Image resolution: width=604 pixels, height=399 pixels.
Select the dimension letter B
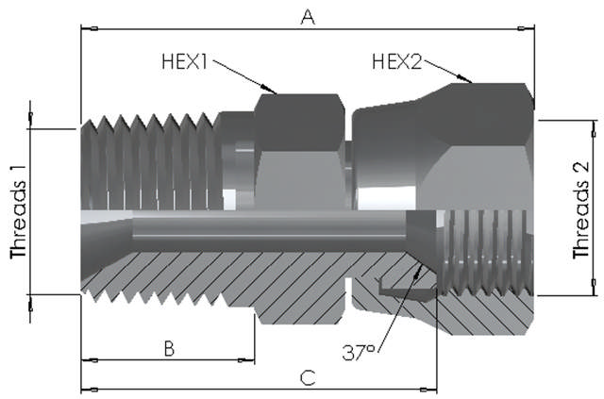pyautogui.click(x=169, y=348)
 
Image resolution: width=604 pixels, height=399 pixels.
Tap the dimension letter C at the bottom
pyautogui.click(x=307, y=378)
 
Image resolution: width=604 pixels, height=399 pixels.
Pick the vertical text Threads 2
pyautogui.click(x=582, y=210)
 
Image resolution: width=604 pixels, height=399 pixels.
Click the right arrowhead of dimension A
pyautogui.click(x=529, y=28)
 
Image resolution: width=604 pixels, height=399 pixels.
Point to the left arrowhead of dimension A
pyautogui.click(x=86, y=28)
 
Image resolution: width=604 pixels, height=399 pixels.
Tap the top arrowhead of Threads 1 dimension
pyautogui.click(x=30, y=120)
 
